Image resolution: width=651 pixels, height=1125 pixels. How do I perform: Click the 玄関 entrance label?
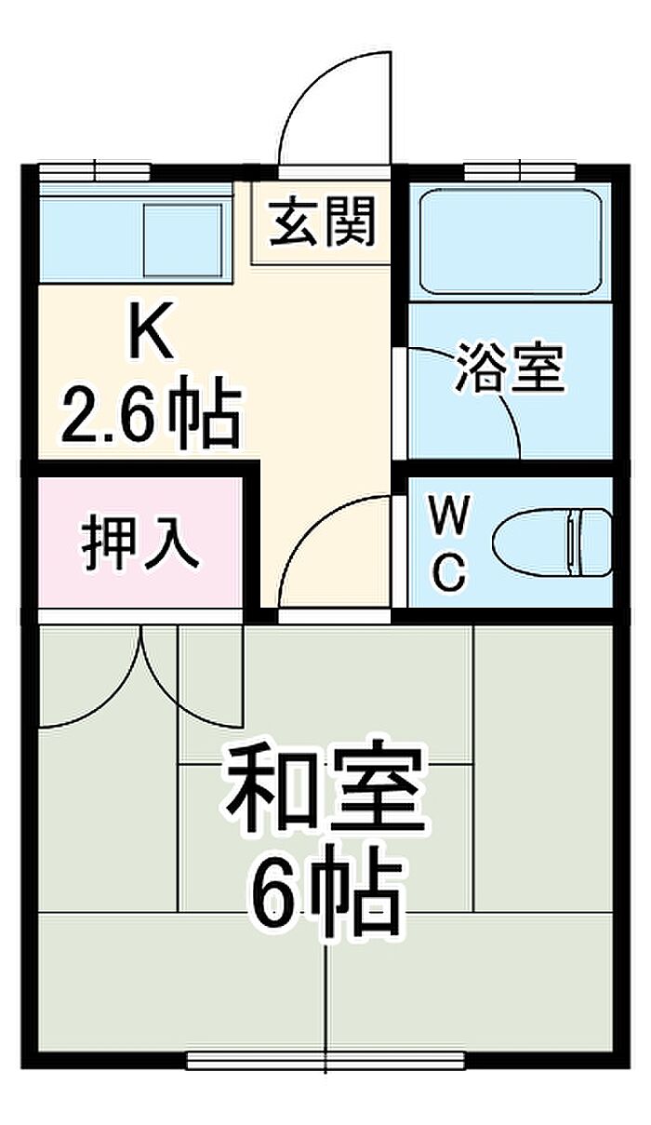tap(323, 223)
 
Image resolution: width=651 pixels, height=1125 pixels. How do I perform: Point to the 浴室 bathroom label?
tap(510, 368)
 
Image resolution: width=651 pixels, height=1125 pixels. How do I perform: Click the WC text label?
tap(447, 543)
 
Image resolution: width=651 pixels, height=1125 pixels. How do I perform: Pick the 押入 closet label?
tap(139, 545)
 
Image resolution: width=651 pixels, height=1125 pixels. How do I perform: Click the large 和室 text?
tap(325, 789)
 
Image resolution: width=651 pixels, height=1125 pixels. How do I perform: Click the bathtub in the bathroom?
tap(509, 241)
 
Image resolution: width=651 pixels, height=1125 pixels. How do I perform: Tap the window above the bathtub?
tap(519, 171)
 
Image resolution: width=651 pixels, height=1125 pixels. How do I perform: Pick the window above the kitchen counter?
tap(95, 171)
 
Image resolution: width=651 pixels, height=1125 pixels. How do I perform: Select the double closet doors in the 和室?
tap(139, 675)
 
